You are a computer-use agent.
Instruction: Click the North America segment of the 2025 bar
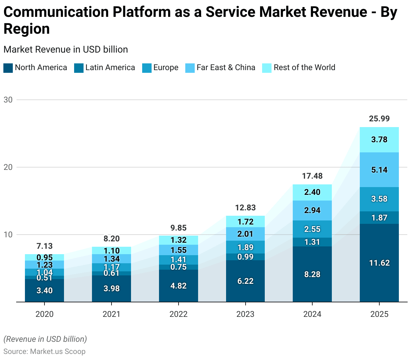pos(379,263)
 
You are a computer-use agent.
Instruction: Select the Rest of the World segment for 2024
pos(312,192)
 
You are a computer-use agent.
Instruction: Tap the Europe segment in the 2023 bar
pos(245,247)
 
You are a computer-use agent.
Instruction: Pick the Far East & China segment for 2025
pos(379,170)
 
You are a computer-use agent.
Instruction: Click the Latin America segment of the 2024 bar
pos(312,242)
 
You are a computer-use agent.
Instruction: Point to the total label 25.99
pos(379,119)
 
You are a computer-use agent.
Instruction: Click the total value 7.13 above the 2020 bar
pos(44,246)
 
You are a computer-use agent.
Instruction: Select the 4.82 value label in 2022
pos(179,286)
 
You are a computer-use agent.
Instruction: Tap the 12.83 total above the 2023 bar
pos(245,208)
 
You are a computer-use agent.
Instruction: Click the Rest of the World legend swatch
pos(266,68)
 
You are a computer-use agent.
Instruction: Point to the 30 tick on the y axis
pos(8,100)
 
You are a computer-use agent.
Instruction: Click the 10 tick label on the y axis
pos(8,235)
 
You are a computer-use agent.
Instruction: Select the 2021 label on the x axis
pos(112,314)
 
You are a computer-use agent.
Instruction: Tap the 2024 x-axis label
pos(312,314)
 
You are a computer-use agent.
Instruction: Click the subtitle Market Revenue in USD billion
pos(66,50)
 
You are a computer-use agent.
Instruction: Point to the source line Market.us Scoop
pos(44,352)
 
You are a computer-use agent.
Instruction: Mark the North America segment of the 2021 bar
pos(112,289)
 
